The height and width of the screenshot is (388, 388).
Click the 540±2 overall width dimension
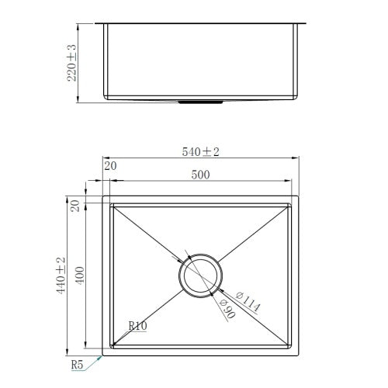(202, 153)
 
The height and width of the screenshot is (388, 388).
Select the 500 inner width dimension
(201, 176)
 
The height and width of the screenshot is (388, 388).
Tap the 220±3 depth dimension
(72, 62)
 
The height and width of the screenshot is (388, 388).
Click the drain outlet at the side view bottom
(201, 101)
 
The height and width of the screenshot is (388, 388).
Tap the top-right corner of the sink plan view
(299, 197)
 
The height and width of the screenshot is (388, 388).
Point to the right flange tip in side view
(308, 23)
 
